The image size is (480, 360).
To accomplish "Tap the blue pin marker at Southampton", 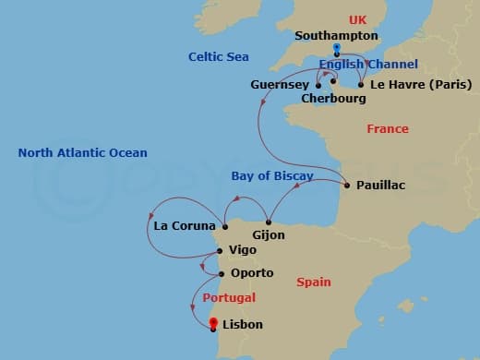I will point(337,49).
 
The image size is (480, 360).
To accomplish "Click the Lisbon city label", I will point(243,325).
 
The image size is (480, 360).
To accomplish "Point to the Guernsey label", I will point(280,85).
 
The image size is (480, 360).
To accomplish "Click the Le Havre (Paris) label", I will point(421,85).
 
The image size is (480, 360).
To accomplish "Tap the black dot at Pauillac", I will point(346,186).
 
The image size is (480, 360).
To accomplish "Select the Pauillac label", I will point(380,186).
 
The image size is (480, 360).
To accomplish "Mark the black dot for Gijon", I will point(269,222).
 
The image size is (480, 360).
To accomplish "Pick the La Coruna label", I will point(186,225).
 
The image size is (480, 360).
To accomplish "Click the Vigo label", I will point(242,251).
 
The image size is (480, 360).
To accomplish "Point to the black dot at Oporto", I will point(222,273).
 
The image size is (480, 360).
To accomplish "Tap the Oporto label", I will point(252,273).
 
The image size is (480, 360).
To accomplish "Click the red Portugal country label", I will point(230,297).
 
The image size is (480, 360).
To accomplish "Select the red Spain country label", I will point(314,282).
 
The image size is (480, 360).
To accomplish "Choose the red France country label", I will point(388,129).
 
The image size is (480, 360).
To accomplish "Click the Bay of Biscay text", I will point(272,175).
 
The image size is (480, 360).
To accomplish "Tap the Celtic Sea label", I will point(219,56).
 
